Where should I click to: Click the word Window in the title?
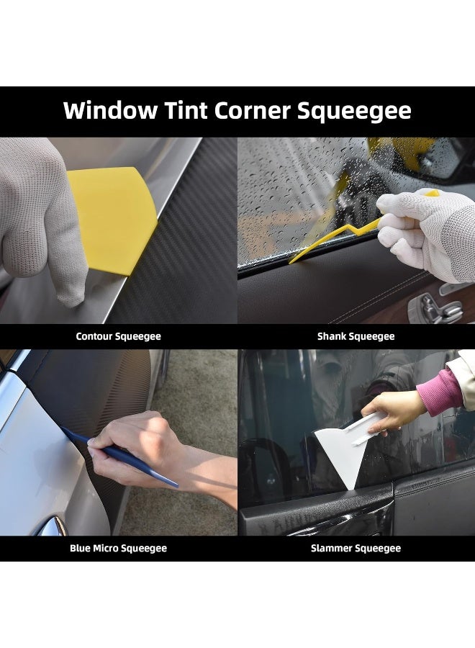(109, 111)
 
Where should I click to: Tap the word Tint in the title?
(189, 111)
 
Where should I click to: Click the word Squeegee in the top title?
(366, 111)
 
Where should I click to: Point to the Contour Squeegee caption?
(118, 336)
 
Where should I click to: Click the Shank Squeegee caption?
(356, 336)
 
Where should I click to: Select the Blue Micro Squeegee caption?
(118, 549)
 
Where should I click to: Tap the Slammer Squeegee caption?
(356, 549)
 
